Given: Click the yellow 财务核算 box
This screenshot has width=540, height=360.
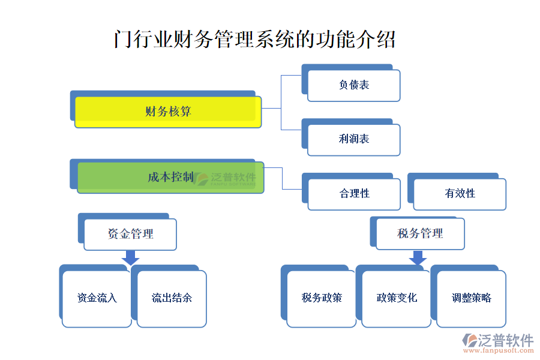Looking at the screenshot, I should [x=168, y=112].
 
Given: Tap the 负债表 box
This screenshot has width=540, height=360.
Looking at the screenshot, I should [x=353, y=85].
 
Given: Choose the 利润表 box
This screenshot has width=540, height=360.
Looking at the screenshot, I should [x=353, y=139].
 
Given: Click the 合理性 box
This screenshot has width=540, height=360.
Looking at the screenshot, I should [x=354, y=194].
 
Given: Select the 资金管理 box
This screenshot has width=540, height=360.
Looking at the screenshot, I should [x=130, y=234].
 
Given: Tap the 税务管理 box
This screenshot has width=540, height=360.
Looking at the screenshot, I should [x=420, y=233].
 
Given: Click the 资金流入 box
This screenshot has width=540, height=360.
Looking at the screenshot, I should [x=97, y=298].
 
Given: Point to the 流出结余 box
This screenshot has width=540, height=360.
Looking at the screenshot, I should [x=172, y=298].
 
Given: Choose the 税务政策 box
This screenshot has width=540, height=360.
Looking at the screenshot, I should [x=322, y=298].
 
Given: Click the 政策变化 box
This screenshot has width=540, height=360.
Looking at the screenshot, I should [x=397, y=298].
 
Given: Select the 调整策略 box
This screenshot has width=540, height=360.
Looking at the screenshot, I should [x=472, y=298].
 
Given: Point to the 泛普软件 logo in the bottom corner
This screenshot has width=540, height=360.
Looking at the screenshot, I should [x=498, y=340].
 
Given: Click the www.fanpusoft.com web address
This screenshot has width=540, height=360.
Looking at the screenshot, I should [x=499, y=352].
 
